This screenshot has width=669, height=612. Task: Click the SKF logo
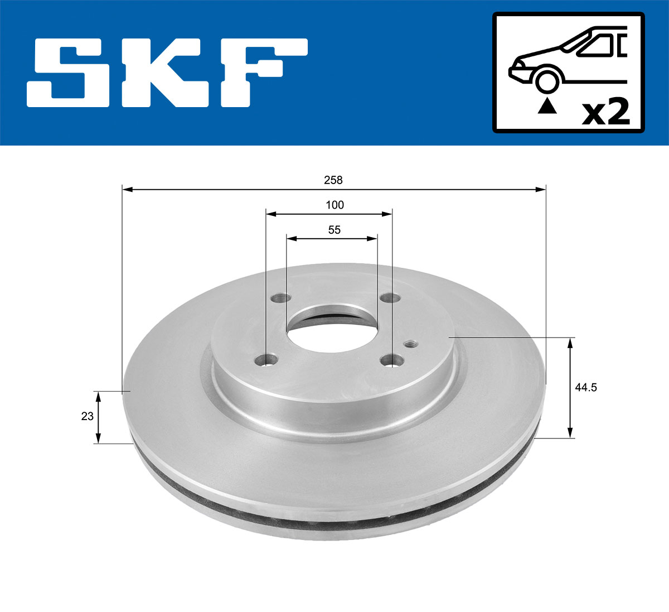pos(167,73)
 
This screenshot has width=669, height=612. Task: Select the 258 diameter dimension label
pos(333,180)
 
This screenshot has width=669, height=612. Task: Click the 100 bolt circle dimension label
pos(334,205)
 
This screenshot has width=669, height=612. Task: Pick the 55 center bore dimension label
pos(334,229)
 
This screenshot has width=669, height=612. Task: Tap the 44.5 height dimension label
pos(586,387)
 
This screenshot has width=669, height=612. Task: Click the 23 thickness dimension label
pos(88,416)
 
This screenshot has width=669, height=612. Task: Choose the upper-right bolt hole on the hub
pos(389,299)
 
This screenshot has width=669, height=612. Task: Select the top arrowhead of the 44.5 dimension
pos(570,342)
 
